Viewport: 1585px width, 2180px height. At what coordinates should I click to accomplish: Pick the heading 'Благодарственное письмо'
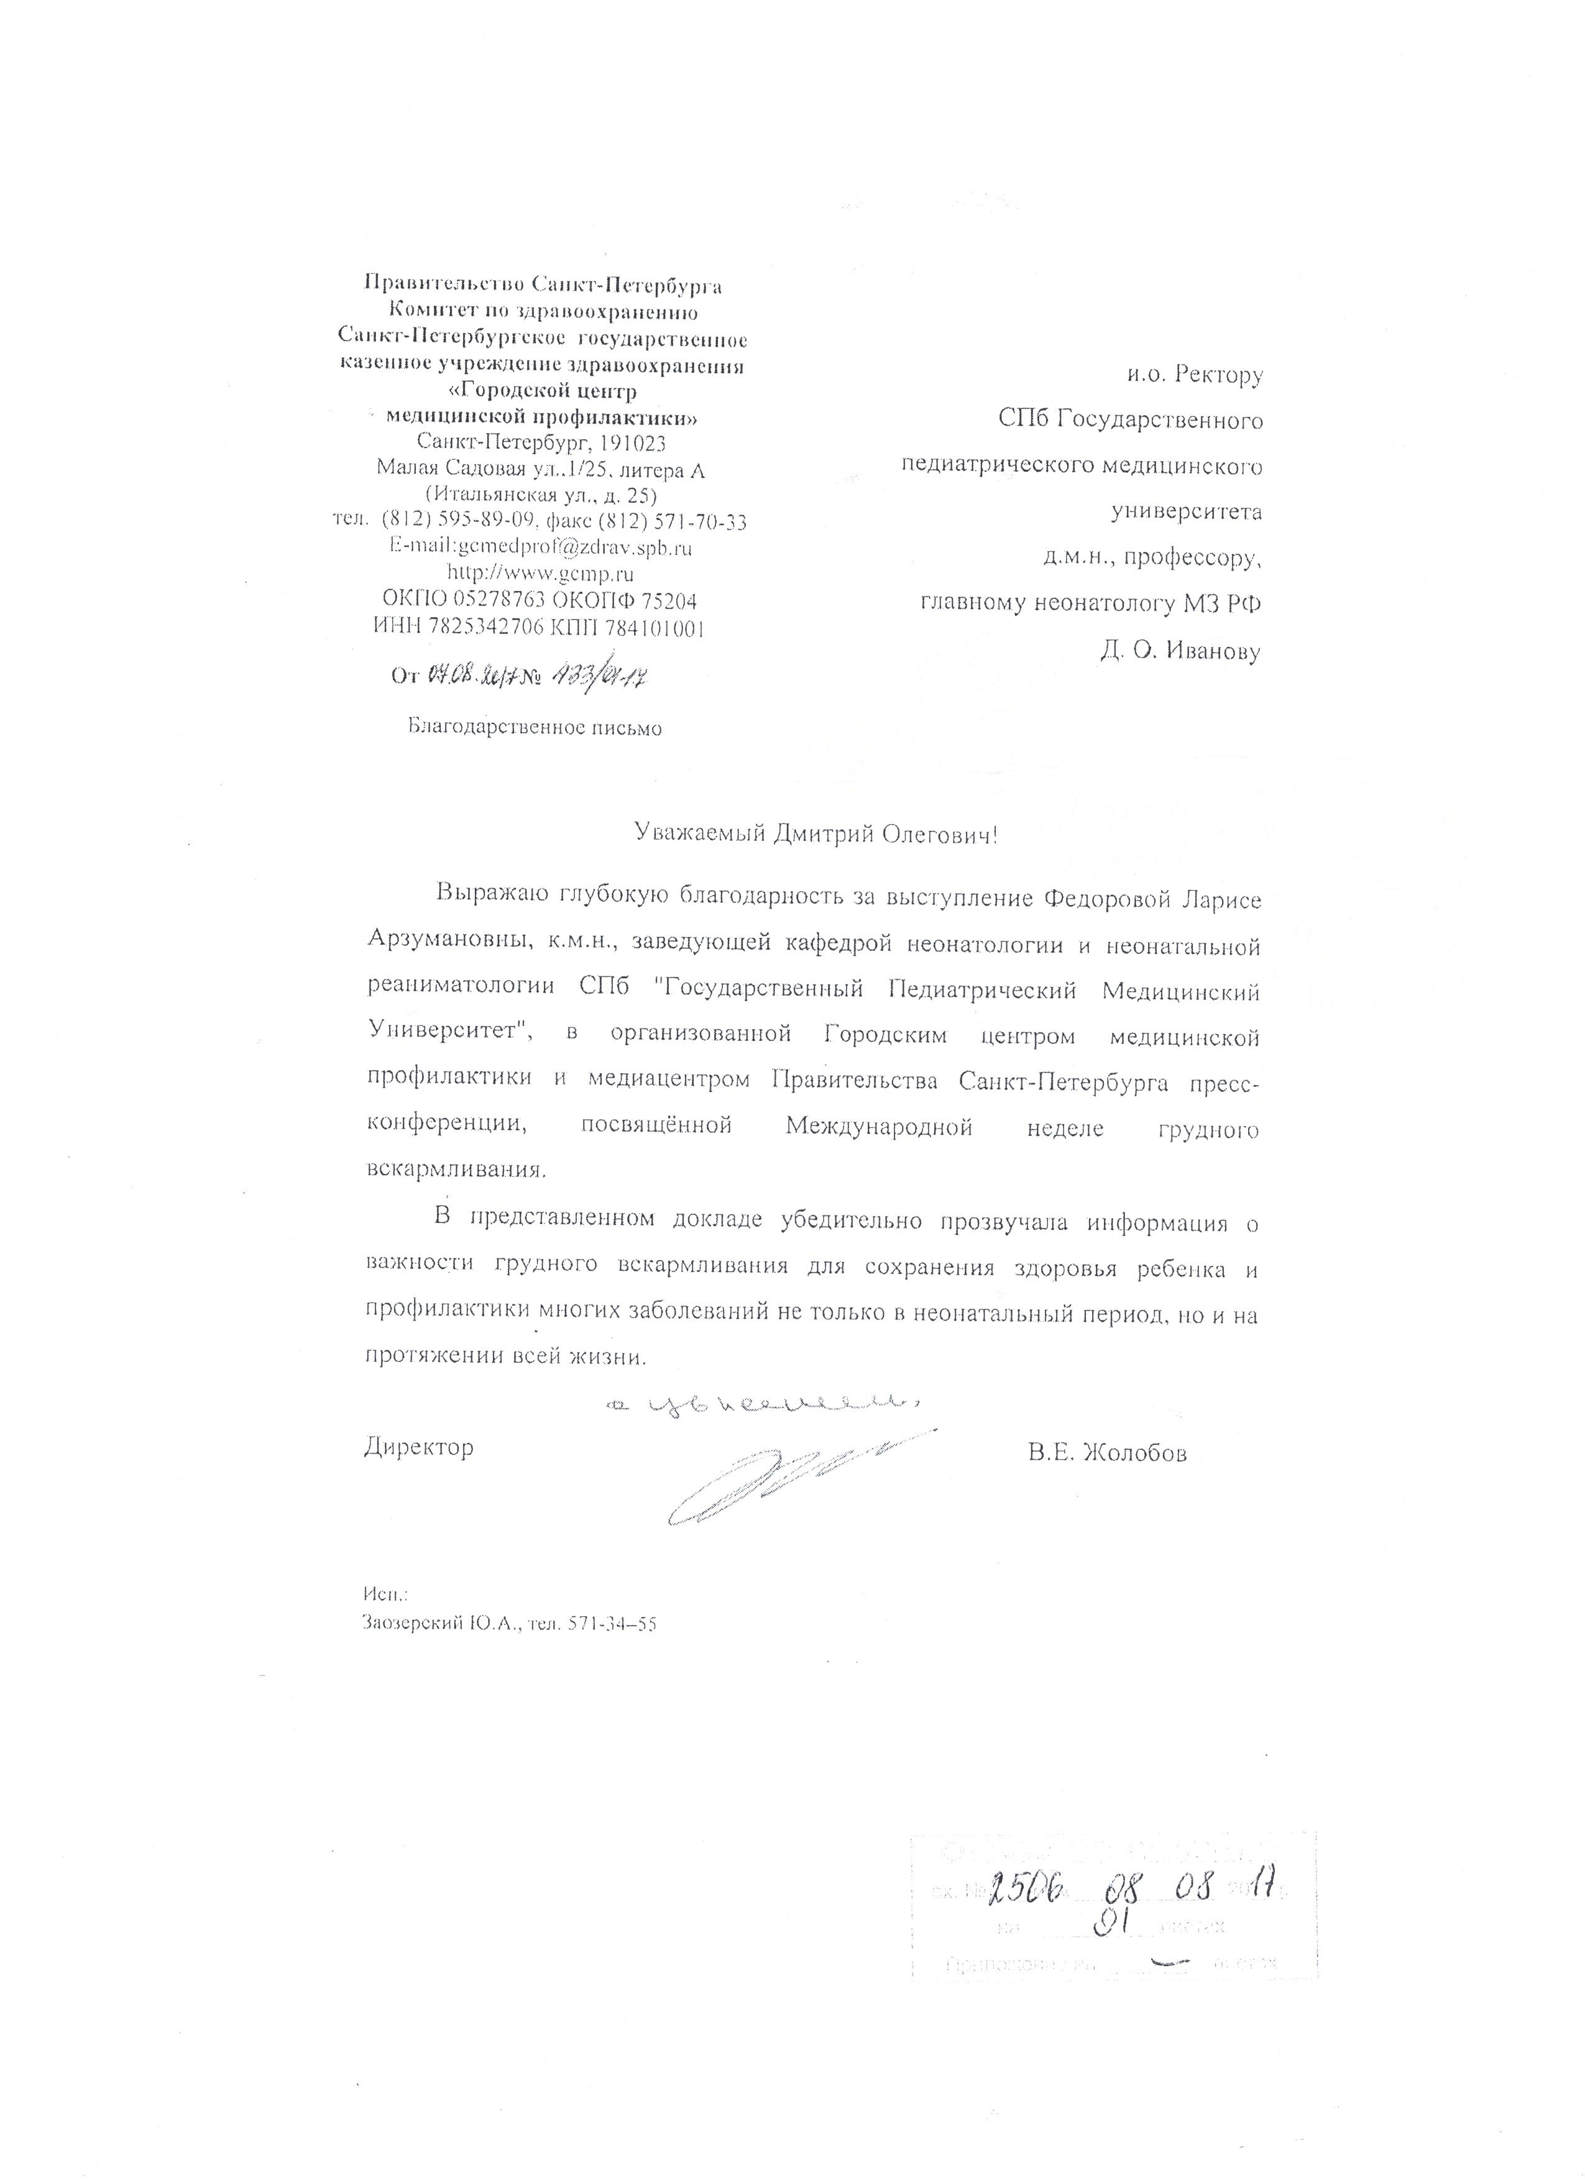coord(535,728)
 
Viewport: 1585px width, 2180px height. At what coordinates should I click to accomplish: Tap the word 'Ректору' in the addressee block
coord(1217,375)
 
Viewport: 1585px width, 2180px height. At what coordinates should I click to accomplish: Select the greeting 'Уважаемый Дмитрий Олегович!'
coord(816,833)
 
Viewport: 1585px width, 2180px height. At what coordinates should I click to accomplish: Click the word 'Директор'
coord(419,1447)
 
